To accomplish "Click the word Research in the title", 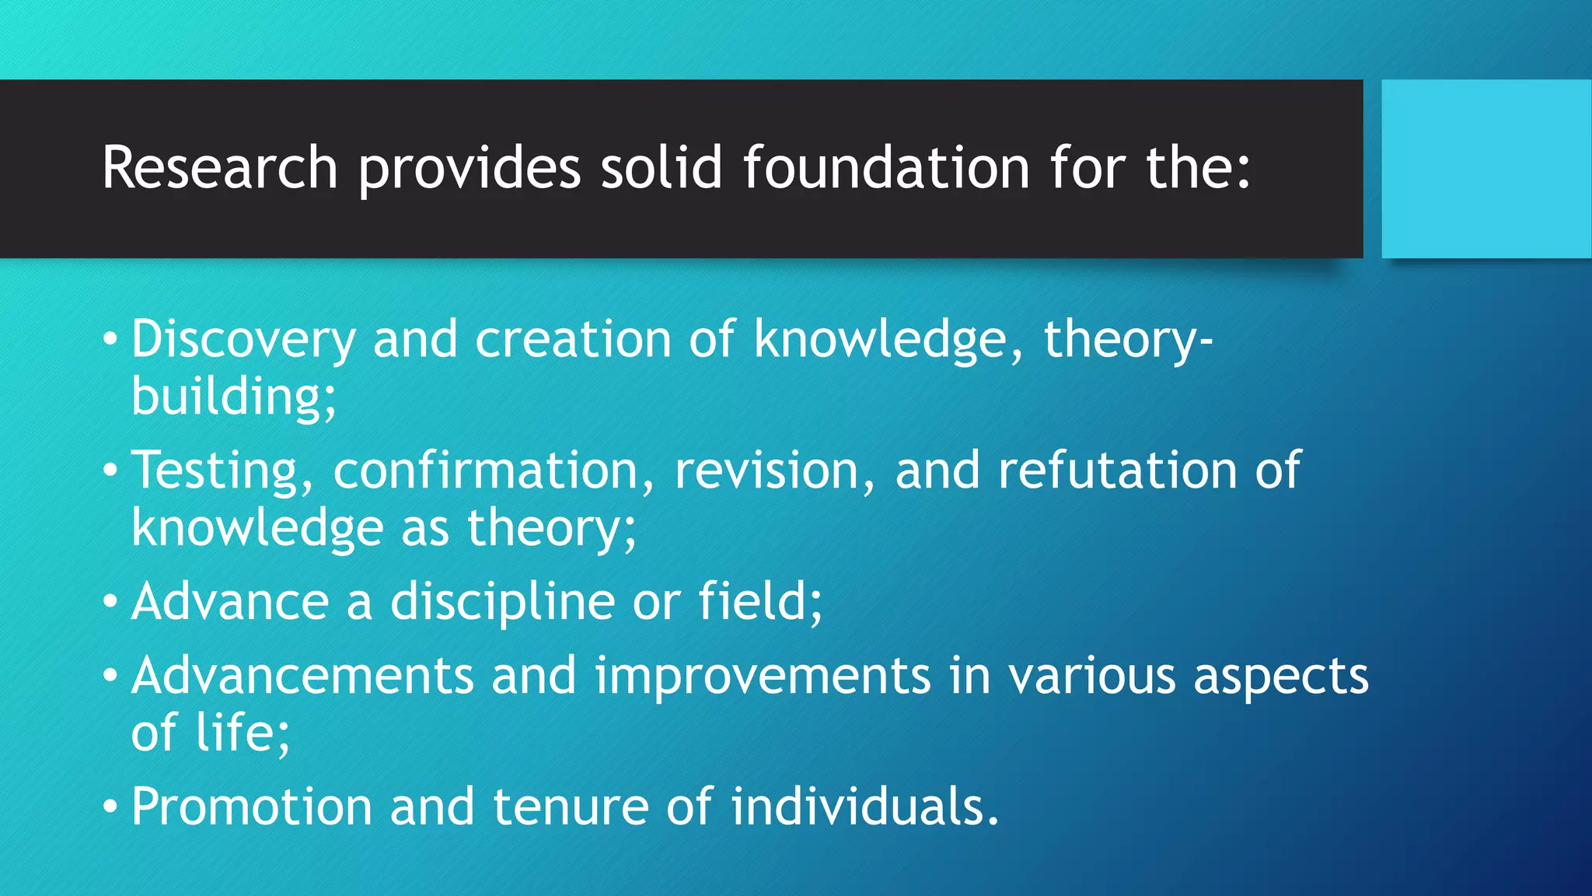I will point(219,167).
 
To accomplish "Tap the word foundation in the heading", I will point(886,167).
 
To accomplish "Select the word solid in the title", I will point(661,167).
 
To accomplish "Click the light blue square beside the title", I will point(1486,169).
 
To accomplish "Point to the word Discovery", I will point(243,340).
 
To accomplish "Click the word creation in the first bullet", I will point(573,340).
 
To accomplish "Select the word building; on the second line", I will point(233,397).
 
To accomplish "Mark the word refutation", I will point(1117,471).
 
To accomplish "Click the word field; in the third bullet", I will point(759,602).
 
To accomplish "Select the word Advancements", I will point(302,675).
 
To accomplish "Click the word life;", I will point(242,733).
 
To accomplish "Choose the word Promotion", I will point(251,807).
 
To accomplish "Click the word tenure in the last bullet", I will point(571,807).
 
